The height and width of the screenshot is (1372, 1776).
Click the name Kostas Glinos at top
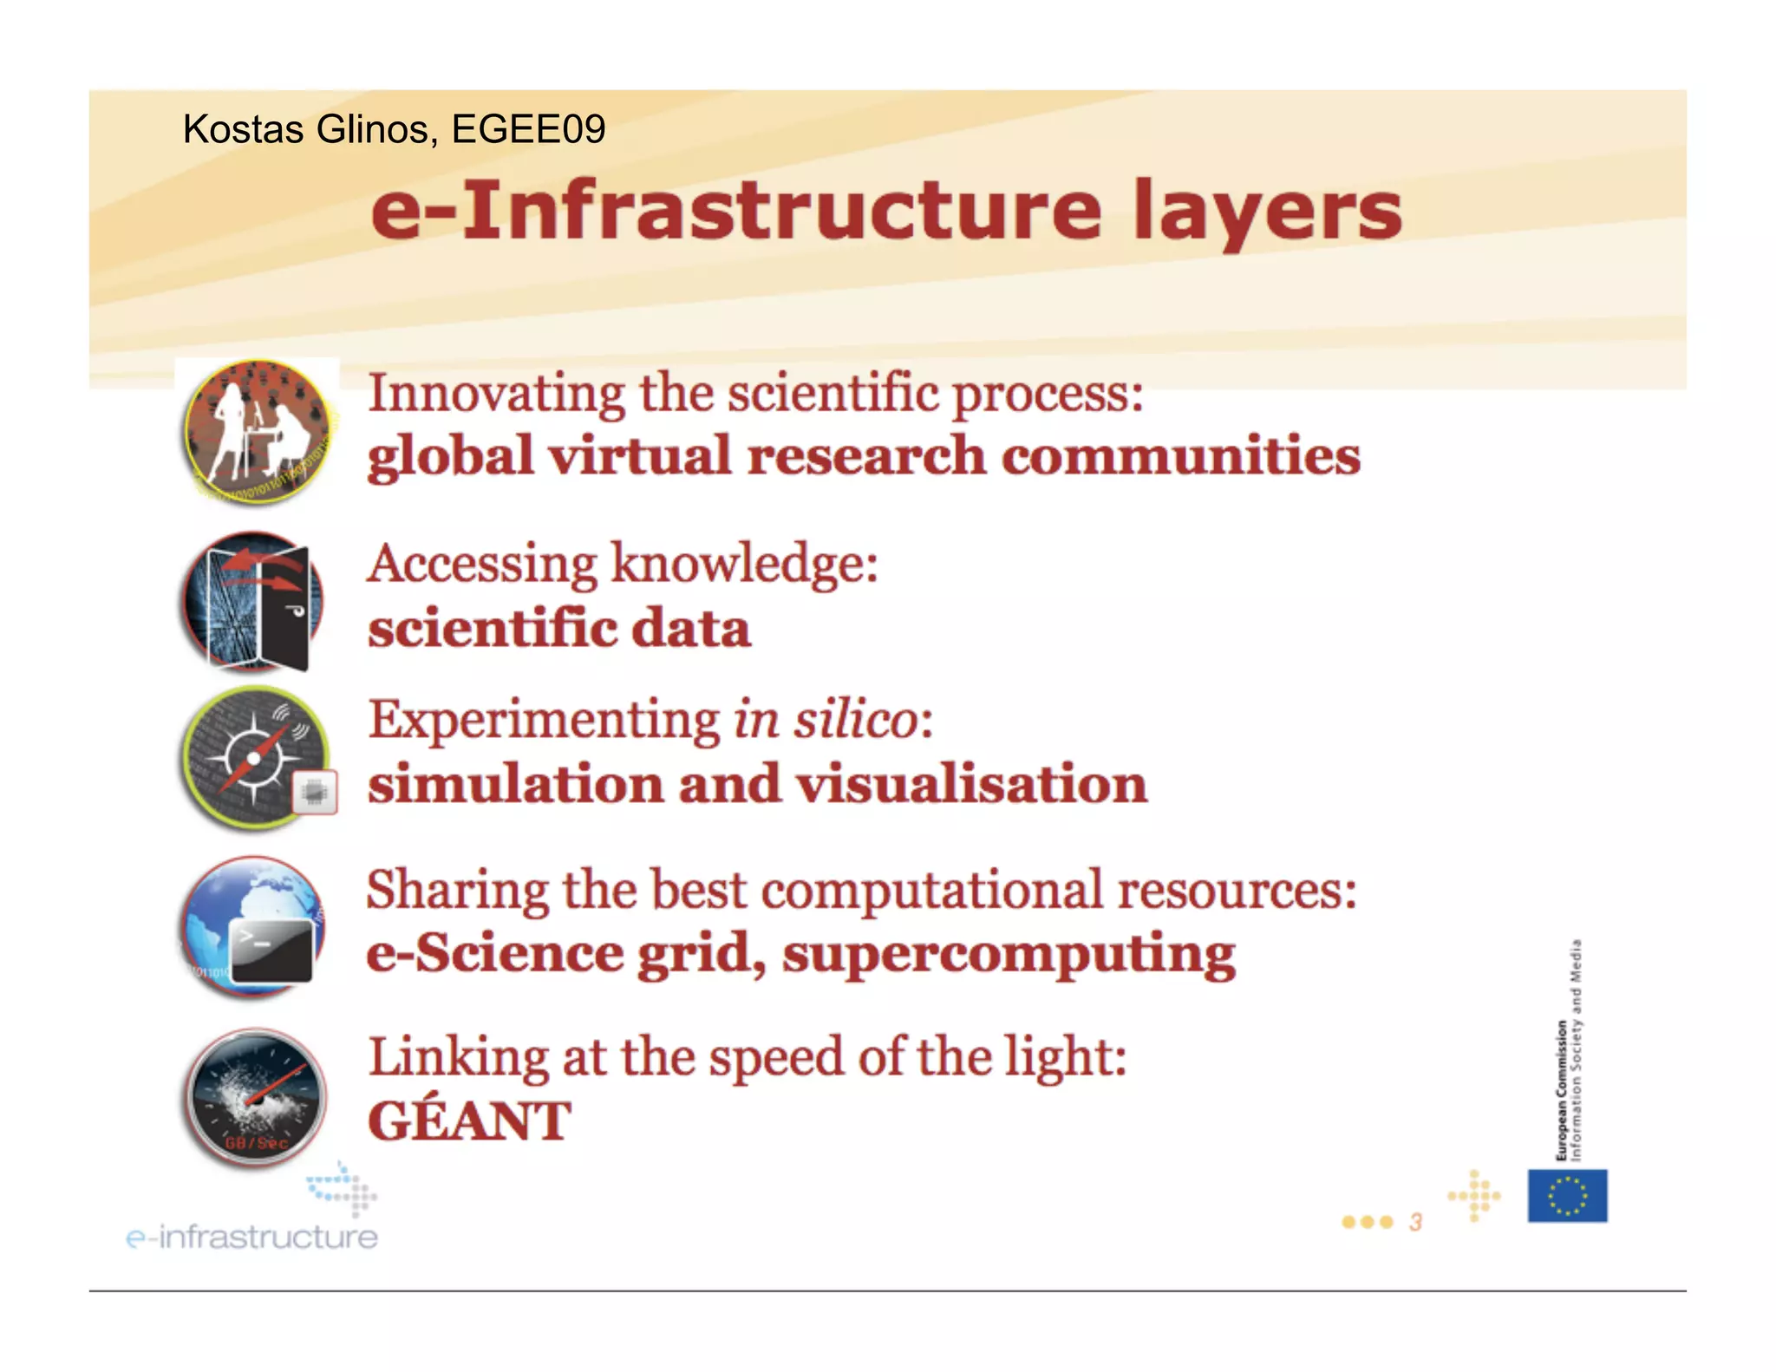305,129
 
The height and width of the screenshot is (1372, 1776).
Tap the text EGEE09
528,129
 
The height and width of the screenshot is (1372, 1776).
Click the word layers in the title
1267,212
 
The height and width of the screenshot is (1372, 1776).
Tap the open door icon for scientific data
254,602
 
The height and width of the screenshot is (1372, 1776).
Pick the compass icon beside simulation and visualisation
256,758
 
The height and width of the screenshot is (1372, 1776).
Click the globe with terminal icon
254,926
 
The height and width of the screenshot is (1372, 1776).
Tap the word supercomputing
1009,954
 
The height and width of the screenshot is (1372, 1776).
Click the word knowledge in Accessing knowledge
743,565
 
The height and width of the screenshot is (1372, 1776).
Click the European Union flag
1567,1196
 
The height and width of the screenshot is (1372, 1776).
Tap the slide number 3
1415,1222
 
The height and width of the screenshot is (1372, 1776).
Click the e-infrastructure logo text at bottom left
252,1236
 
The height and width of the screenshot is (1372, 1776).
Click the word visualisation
972,784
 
